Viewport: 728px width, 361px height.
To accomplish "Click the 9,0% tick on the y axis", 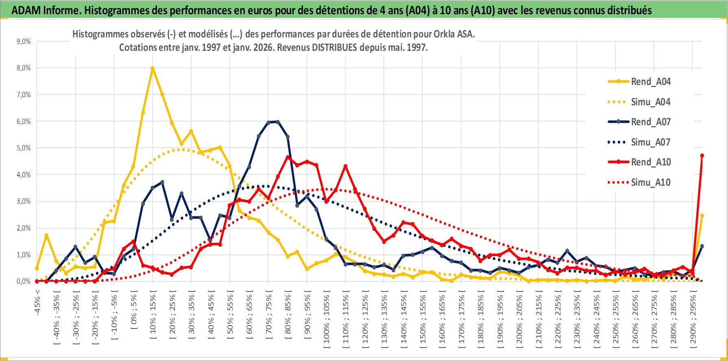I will coord(23,41).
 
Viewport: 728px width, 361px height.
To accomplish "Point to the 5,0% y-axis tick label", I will coord(23,148).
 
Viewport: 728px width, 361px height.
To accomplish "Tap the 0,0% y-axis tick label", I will coord(23,281).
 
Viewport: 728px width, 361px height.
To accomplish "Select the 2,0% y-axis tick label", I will coord(23,228).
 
